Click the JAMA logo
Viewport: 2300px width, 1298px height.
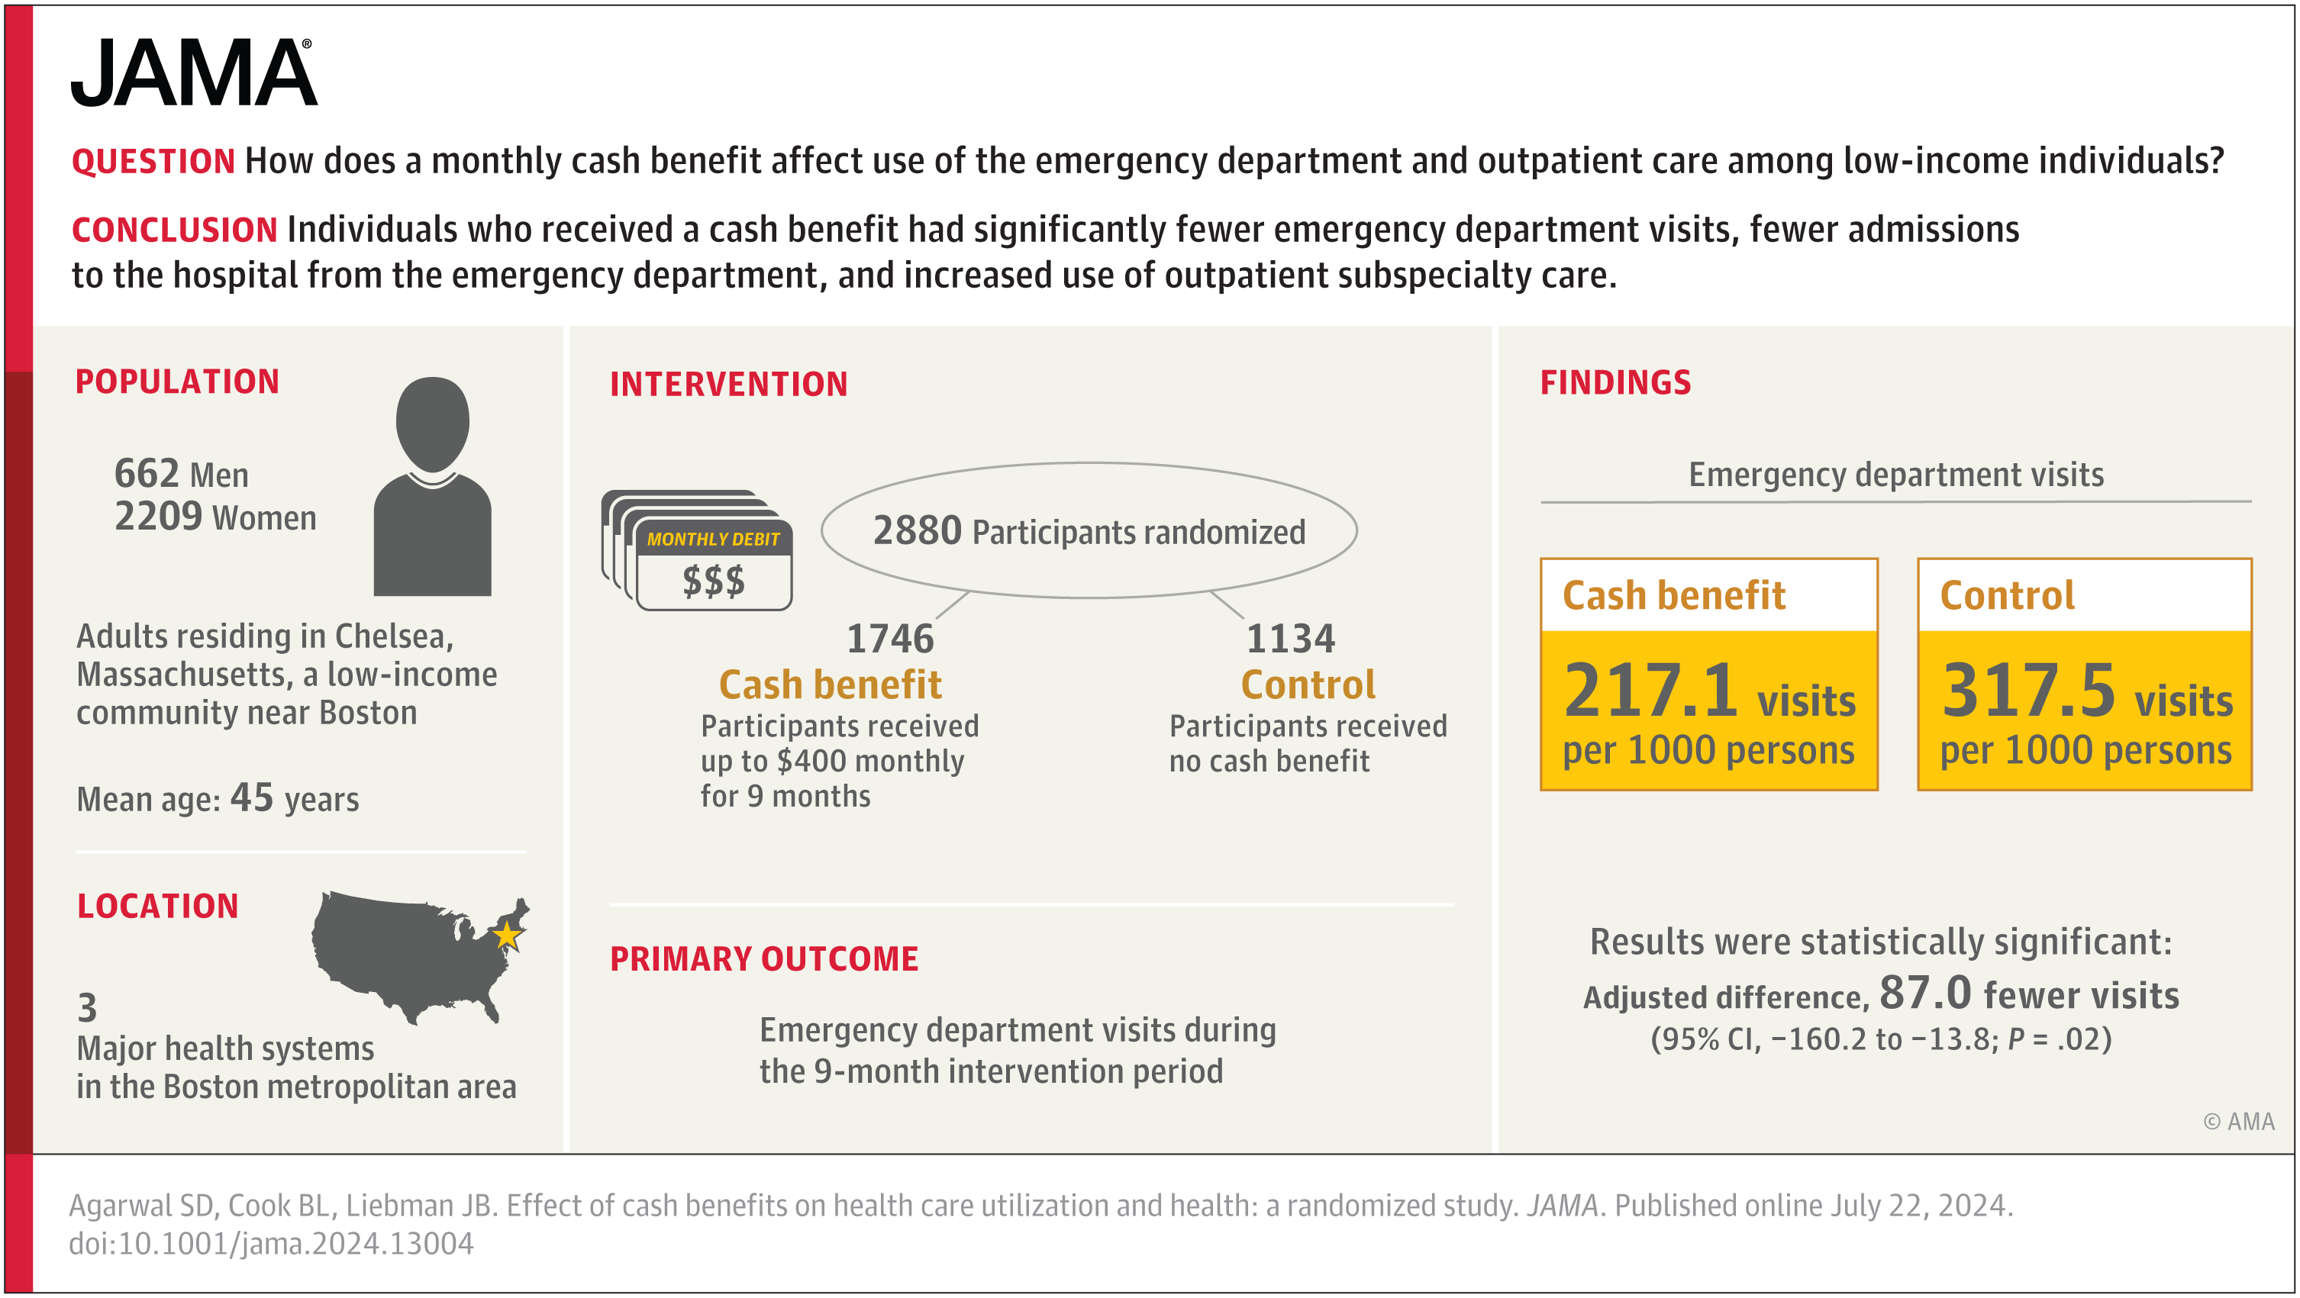[193, 73]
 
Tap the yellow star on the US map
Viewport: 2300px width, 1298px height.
[507, 936]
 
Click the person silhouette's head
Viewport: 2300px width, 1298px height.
[432, 424]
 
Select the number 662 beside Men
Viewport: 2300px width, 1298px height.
[147, 473]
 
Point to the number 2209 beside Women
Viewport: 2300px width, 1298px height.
[158, 516]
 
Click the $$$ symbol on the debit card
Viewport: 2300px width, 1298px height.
[714, 581]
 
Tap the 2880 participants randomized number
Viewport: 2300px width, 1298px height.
[916, 530]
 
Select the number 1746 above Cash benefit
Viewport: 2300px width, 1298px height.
[889, 638]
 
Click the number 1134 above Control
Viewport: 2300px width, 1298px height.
[1290, 638]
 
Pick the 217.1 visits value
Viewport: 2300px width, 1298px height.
[1650, 690]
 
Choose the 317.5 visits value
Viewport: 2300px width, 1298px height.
[2027, 690]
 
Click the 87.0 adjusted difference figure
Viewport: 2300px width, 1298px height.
[1924, 992]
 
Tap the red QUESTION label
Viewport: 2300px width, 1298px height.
[153, 162]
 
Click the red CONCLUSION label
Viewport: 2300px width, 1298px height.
[174, 230]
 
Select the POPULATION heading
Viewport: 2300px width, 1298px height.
[177, 382]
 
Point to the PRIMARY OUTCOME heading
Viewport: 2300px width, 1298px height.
[763, 958]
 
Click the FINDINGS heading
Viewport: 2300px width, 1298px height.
[1615, 382]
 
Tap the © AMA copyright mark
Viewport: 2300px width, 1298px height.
[2238, 1121]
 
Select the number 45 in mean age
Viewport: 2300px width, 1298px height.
[252, 797]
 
